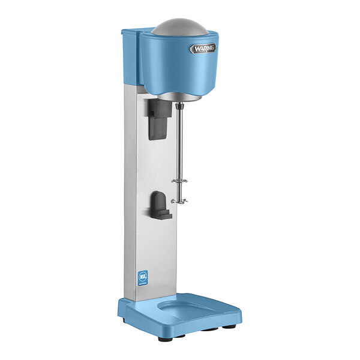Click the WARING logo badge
(203, 49)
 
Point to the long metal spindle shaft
(178, 150)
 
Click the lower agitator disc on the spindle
(178, 201)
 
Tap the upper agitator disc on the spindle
(178, 181)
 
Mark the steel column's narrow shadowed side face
(133, 198)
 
